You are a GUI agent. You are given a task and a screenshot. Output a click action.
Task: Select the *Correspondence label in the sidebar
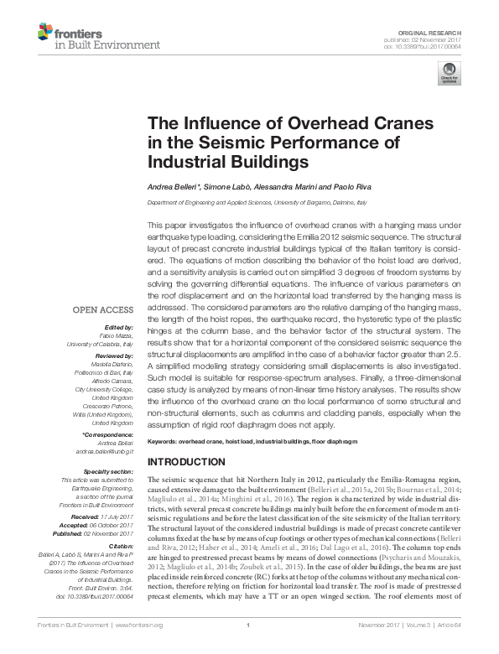108,436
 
